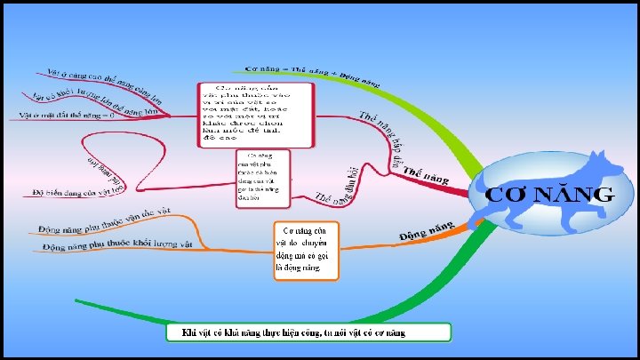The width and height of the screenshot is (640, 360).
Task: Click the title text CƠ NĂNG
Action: (548, 195)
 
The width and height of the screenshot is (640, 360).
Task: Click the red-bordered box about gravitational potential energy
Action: (255, 115)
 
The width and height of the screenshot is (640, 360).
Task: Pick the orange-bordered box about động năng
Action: (305, 251)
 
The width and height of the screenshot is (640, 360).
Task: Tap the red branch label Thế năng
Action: (425, 171)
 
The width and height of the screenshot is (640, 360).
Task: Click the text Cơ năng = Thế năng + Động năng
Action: (312, 72)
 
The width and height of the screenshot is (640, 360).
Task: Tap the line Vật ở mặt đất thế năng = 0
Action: (68, 115)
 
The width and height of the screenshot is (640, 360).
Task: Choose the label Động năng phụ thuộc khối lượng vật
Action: (116, 244)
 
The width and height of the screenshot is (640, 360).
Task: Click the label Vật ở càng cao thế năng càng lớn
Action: (103, 81)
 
